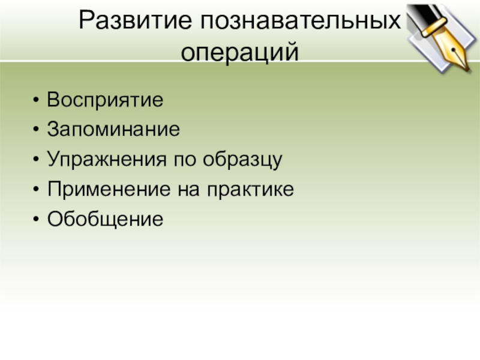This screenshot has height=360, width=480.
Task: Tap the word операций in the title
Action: tap(239, 53)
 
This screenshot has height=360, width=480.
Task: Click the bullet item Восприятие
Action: tap(105, 99)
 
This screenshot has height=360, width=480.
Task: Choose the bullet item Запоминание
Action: tap(113, 129)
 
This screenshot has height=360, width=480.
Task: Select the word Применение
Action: tap(110, 190)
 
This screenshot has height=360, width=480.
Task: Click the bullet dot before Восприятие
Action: tap(38, 100)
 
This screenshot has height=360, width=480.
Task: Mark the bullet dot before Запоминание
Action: tap(38, 130)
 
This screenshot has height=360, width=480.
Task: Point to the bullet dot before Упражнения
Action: tap(38, 160)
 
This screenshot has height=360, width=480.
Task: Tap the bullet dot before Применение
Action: tap(38, 190)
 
